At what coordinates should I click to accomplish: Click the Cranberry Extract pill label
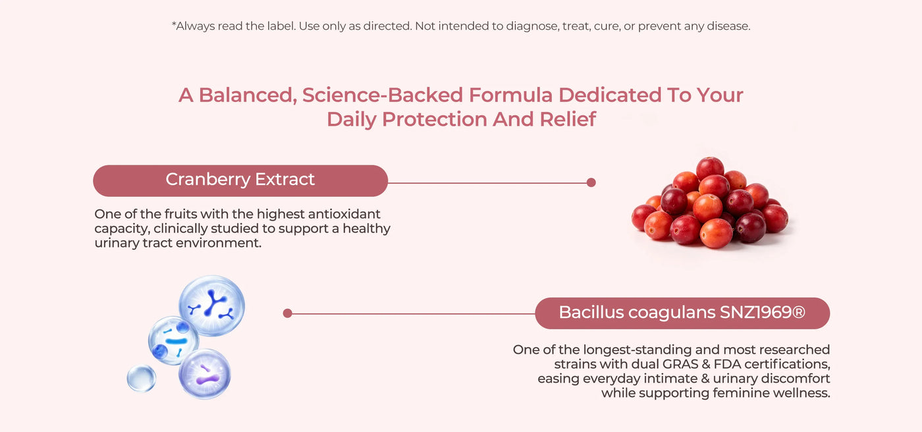pos(240,180)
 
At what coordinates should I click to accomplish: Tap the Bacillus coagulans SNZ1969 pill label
pos(682,313)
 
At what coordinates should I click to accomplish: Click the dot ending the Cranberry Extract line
pos(591,182)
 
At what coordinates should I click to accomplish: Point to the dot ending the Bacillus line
pos(288,313)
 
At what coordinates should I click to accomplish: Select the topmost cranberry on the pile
pos(710,168)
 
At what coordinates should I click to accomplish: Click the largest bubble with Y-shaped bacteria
pos(211,306)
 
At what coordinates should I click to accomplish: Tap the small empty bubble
pos(141,379)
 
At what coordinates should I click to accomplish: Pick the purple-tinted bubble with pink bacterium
pos(205,374)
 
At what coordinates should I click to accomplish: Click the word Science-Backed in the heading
pos(383,95)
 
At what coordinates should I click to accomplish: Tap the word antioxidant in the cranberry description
pos(344,214)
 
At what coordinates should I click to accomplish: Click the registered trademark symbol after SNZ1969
pos(798,312)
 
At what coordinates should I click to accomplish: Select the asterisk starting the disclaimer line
pos(174,24)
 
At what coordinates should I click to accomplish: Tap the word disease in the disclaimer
pos(728,26)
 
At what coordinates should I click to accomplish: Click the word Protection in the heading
pos(434,119)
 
